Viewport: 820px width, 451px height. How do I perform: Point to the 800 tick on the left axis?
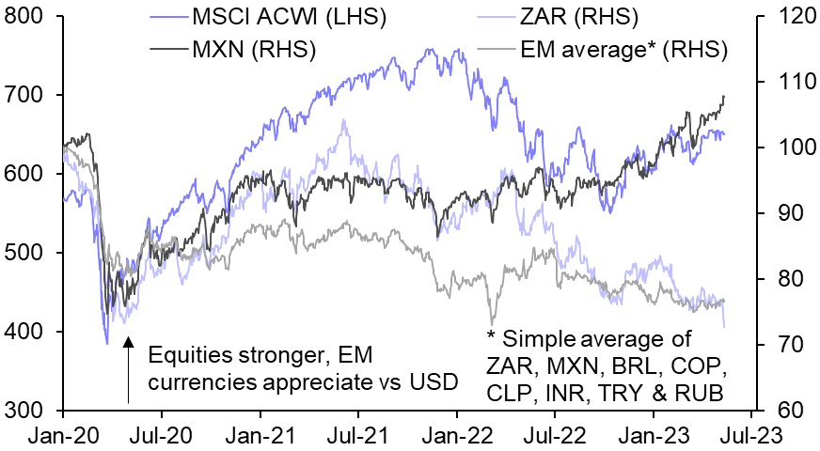[27, 16]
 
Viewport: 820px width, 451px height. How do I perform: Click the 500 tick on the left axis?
[27, 253]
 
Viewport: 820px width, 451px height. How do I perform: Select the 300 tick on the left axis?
[27, 411]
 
